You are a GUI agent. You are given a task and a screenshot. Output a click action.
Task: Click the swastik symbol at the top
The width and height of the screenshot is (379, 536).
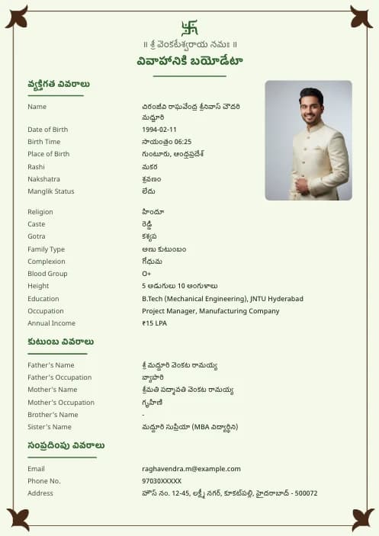tap(189, 28)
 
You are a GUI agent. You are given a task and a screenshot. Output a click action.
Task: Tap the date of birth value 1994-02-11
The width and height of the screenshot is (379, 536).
tap(159, 130)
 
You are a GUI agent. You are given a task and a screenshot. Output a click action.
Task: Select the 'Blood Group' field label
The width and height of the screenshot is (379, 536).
tap(47, 274)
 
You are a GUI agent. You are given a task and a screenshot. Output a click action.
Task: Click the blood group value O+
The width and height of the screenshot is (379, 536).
tap(146, 274)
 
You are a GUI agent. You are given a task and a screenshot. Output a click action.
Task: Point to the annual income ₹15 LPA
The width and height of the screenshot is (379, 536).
tap(154, 323)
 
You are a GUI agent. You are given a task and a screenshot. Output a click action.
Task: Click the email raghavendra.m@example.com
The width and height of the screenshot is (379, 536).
tap(191, 469)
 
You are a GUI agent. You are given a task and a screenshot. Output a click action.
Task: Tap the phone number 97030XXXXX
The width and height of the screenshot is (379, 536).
tap(162, 481)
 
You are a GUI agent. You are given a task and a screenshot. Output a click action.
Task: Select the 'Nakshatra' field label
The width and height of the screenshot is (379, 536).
tap(43, 179)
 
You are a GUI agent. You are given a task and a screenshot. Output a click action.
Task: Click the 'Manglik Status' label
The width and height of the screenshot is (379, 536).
tap(51, 191)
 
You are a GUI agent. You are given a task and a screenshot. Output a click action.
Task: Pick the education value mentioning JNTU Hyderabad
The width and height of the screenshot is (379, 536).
tap(222, 299)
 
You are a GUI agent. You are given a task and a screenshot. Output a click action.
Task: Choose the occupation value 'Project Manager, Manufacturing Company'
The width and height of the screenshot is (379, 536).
tap(210, 311)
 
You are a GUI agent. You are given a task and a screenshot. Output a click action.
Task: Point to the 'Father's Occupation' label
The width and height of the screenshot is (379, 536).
tap(59, 377)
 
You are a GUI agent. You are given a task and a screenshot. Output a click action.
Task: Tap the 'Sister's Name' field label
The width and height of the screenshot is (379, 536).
tap(50, 427)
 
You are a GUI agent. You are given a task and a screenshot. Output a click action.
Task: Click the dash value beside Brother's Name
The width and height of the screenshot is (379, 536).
tap(143, 415)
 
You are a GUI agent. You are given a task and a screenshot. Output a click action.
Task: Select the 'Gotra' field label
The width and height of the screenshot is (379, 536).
tap(37, 236)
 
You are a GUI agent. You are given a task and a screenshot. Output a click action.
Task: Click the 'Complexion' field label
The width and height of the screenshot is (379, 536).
tap(47, 262)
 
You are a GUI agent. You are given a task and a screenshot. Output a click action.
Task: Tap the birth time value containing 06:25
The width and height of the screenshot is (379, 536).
tap(166, 142)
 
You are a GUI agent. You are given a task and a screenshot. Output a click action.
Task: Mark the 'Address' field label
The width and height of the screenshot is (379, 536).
tap(40, 493)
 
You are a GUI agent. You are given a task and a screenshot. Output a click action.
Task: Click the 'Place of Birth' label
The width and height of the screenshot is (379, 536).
tap(49, 154)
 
